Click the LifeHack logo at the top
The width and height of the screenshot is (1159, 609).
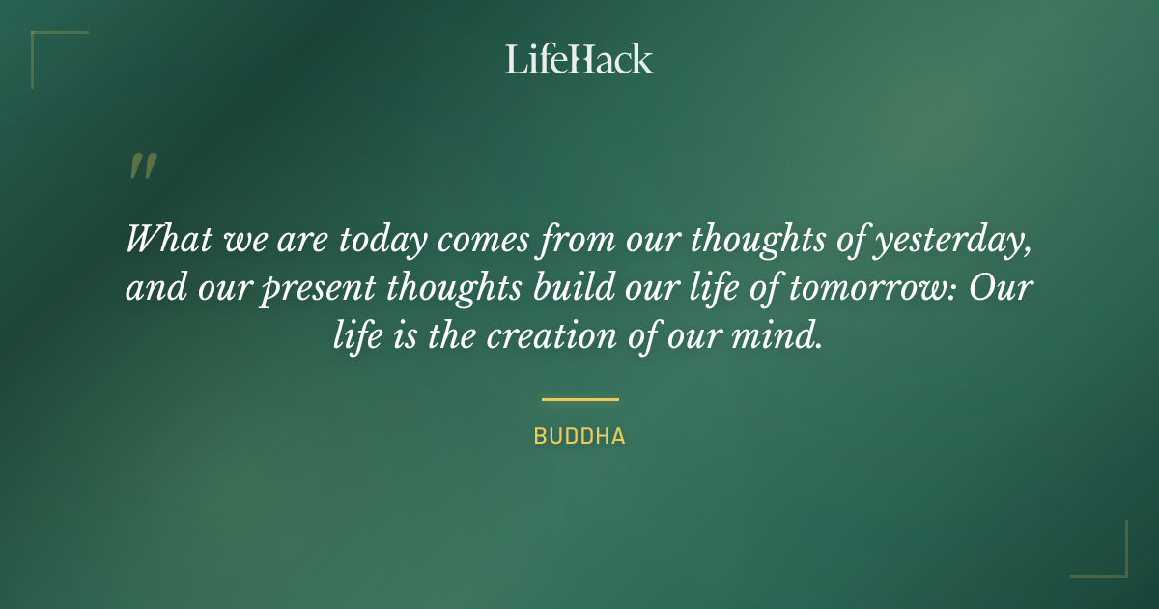[x=579, y=59]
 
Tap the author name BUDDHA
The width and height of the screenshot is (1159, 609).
[x=579, y=437]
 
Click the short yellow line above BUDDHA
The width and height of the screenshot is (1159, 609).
[x=579, y=398]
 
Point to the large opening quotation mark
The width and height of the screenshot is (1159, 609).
[x=142, y=166]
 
